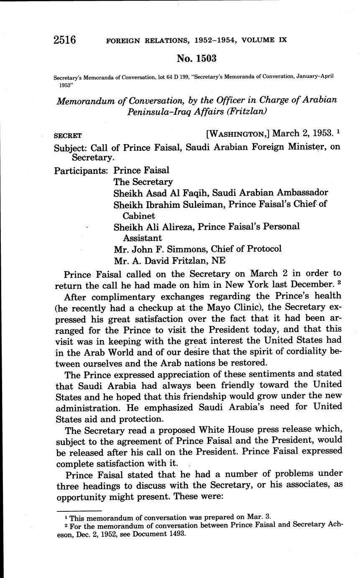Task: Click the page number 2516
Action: pos(65,40)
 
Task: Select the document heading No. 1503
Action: pos(197,59)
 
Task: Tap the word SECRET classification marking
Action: pos(68,136)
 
